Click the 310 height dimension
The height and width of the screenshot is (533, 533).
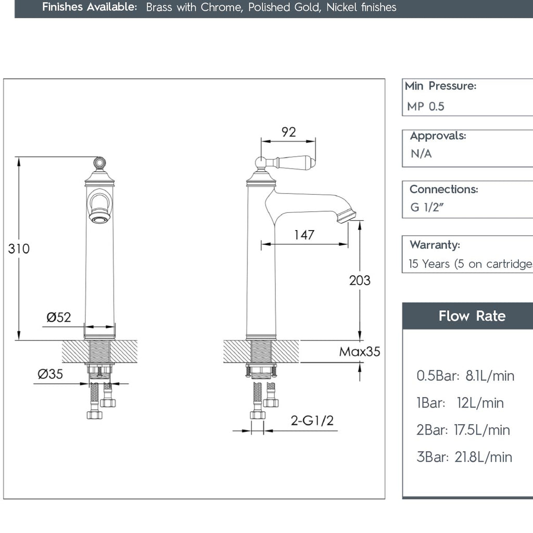click(x=19, y=249)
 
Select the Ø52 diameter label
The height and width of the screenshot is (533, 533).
click(x=58, y=317)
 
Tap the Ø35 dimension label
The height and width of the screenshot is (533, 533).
click(x=50, y=374)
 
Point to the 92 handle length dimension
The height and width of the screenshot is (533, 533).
click(x=288, y=132)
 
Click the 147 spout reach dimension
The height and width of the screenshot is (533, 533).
click(x=304, y=235)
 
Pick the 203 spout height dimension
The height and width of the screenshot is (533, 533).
click(x=360, y=280)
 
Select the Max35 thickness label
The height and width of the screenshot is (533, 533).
click(x=359, y=352)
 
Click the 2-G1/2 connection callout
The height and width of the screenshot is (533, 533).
click(x=312, y=421)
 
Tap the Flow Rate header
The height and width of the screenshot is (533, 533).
click(x=472, y=316)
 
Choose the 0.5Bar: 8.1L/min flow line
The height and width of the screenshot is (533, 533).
click(x=465, y=375)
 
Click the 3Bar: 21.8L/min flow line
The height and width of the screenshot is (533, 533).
click(x=464, y=457)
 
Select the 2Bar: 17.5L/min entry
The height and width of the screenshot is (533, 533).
click(x=463, y=430)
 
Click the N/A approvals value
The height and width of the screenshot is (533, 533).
click(x=421, y=154)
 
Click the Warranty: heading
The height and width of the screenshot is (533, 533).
click(x=435, y=245)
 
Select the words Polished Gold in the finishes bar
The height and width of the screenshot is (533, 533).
click(x=284, y=7)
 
